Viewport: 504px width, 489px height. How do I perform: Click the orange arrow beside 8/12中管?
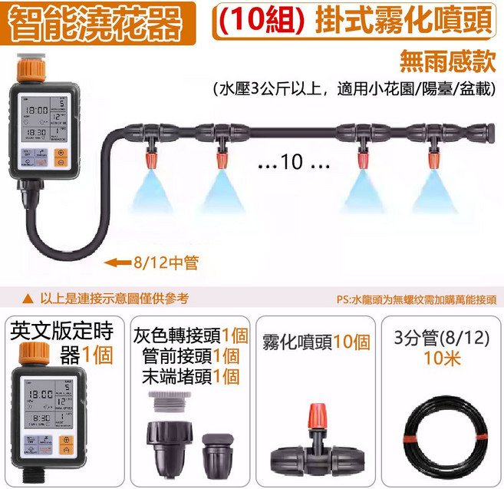coord(117,263)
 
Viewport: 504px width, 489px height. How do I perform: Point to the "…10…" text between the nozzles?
coord(293,162)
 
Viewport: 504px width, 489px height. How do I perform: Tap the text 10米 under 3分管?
coord(440,358)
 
